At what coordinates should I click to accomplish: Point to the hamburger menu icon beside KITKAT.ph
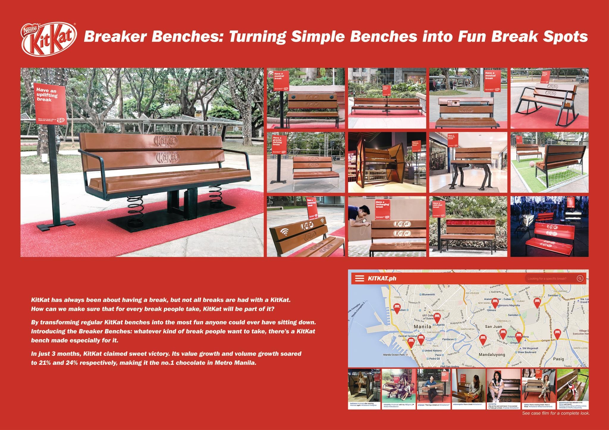360,278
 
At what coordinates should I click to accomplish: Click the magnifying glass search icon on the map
580,278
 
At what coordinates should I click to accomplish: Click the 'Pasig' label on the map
558,359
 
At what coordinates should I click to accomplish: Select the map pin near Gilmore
495,303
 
